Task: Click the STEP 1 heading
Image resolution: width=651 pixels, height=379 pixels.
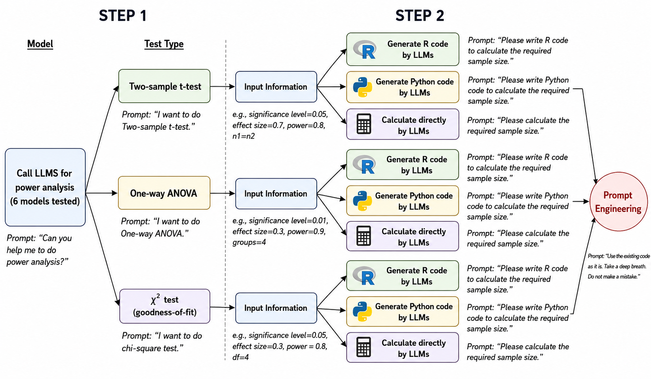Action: [123, 15]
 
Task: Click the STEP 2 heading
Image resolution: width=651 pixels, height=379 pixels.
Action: [420, 15]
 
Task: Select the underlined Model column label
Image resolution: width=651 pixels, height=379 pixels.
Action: [40, 44]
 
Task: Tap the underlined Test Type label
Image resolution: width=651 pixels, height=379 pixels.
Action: [164, 44]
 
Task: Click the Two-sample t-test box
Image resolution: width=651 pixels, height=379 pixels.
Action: [164, 86]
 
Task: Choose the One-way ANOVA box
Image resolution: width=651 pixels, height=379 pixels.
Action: [164, 193]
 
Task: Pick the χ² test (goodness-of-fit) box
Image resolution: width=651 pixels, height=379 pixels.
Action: [164, 306]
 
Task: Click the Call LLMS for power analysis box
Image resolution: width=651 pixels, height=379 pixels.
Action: [45, 187]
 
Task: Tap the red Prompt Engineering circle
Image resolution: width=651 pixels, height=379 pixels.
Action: [619, 202]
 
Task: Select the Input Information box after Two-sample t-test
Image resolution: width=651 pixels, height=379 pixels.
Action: [276, 87]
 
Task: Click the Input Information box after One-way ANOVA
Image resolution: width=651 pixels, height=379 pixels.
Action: [276, 194]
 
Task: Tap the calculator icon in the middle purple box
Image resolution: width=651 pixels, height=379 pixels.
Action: [364, 236]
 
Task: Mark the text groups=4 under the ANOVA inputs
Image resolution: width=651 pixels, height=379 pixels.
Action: [249, 242]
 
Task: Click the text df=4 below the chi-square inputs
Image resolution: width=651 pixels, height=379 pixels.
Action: [240, 357]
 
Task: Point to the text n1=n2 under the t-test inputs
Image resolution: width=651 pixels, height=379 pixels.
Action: [244, 136]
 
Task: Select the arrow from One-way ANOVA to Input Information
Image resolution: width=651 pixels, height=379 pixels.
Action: [223, 193]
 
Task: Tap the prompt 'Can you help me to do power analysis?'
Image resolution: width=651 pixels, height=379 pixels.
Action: [39, 250]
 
